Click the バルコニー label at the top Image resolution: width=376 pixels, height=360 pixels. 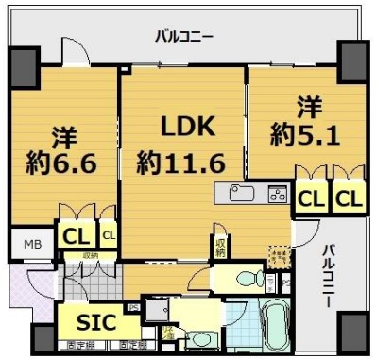[x=184, y=37]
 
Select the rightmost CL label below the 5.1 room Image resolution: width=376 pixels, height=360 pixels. [x=347, y=199]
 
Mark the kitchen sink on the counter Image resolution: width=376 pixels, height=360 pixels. [x=239, y=195]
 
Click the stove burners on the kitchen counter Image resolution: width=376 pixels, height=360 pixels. [x=278, y=195]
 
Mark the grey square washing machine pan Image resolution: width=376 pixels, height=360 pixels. [x=155, y=310]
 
